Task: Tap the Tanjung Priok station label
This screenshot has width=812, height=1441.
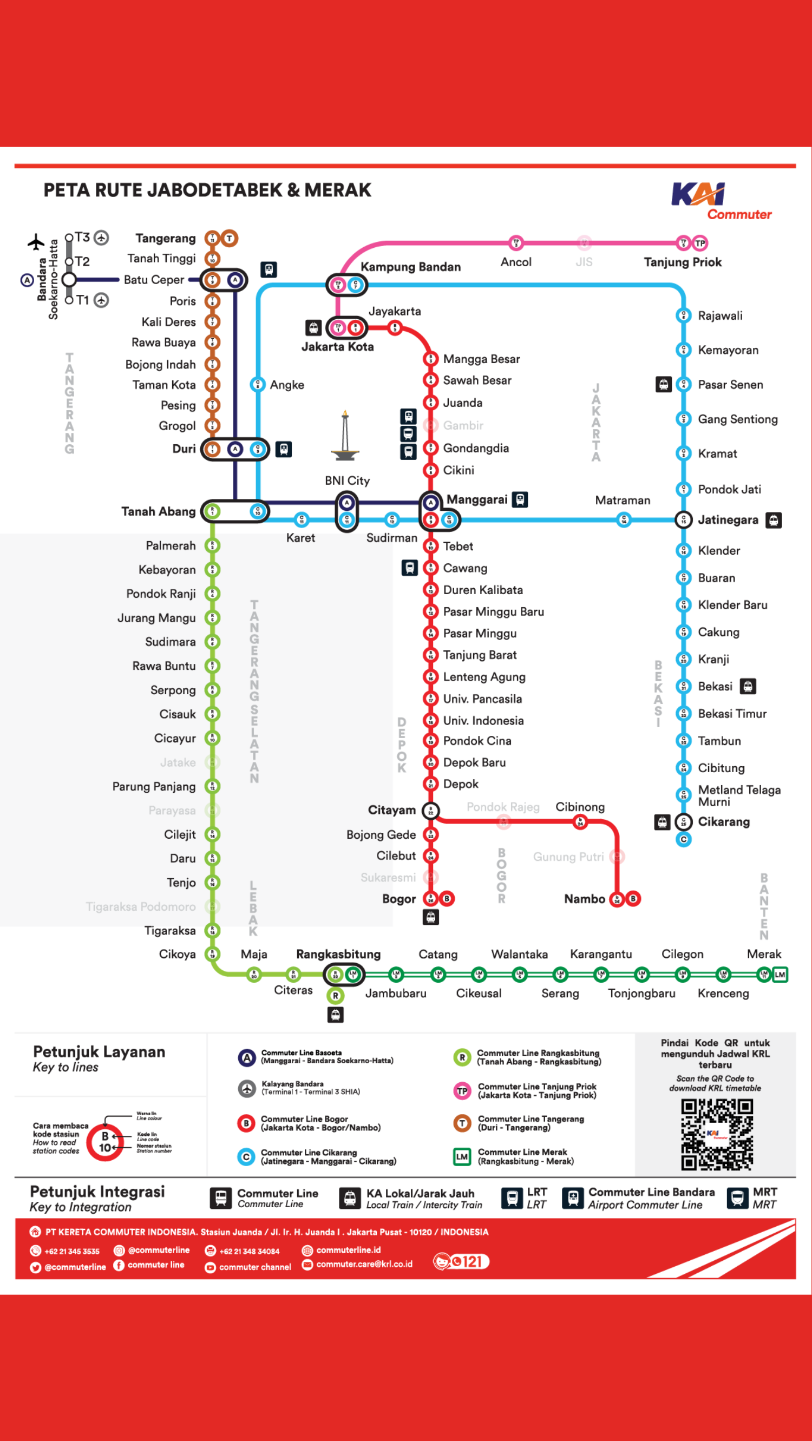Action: tap(682, 262)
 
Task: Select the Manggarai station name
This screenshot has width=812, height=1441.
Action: tap(477, 499)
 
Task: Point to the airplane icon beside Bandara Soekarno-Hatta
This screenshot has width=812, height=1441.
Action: tap(36, 242)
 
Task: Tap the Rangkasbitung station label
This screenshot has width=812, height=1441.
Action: tap(338, 954)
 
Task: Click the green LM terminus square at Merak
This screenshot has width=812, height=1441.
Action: tap(780, 975)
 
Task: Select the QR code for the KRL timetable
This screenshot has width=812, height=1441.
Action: tap(716, 1134)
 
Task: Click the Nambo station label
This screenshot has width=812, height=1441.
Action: tap(584, 898)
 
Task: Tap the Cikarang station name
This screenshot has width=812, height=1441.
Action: tap(723, 821)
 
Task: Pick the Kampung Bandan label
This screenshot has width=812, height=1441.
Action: tap(410, 267)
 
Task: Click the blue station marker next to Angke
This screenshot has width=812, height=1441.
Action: tap(258, 384)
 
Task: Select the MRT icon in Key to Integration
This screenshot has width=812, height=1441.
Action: tap(737, 1197)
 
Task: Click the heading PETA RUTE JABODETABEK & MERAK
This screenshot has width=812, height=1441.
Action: tap(207, 190)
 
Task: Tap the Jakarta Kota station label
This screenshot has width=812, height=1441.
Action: tap(337, 346)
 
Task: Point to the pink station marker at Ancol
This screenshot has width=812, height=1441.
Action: tap(515, 243)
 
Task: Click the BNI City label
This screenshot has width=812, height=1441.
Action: tap(347, 480)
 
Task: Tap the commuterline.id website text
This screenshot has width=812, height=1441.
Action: tap(348, 1249)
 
